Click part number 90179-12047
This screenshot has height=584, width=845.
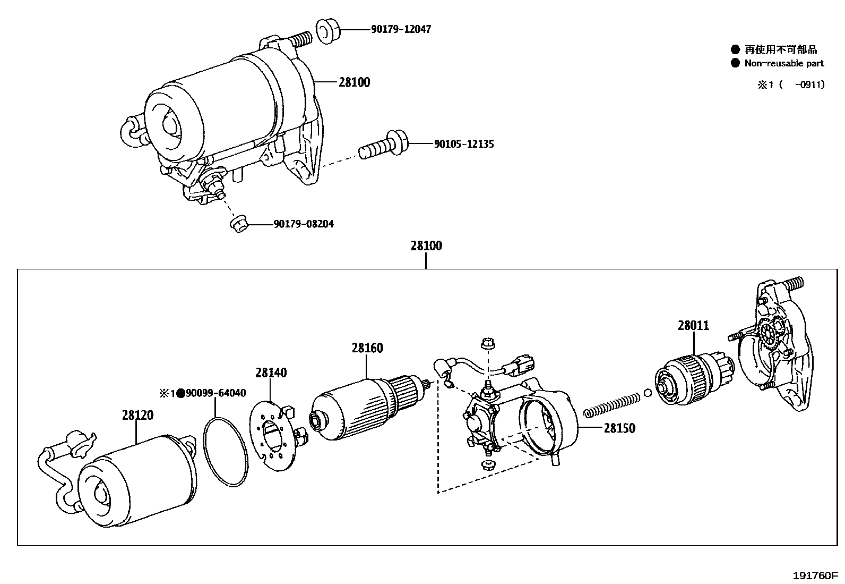pos(401,29)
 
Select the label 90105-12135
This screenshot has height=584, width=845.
pos(463,144)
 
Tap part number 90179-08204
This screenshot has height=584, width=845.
pos(304,224)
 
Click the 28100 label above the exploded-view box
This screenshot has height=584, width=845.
pos(426,246)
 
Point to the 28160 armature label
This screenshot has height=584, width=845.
pos(367,348)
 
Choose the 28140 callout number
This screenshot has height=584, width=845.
pos(271,373)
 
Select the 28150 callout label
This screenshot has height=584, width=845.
pos(619,428)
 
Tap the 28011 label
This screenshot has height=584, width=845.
pos(693,325)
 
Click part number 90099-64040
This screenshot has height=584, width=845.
pos(215,393)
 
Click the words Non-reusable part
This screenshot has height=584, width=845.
pos(784,63)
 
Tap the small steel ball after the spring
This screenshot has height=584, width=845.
pos(647,393)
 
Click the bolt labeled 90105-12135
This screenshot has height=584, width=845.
pos(382,146)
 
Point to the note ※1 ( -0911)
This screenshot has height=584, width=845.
pos(791,85)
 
